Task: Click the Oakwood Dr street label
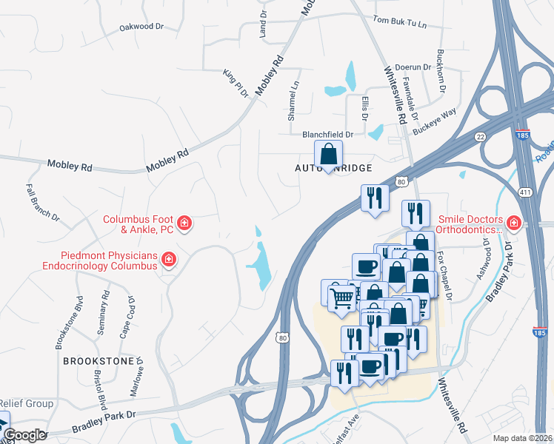(x=141, y=27)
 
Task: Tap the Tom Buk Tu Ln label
(x=401, y=23)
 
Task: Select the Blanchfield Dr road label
(x=327, y=135)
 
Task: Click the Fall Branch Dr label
(x=43, y=202)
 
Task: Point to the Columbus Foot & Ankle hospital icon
(x=184, y=223)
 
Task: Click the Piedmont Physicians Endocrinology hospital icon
(x=169, y=259)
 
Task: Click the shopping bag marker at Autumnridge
(x=329, y=155)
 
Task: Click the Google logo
(x=24, y=435)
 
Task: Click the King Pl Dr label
(x=235, y=83)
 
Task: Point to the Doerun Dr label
(x=413, y=67)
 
